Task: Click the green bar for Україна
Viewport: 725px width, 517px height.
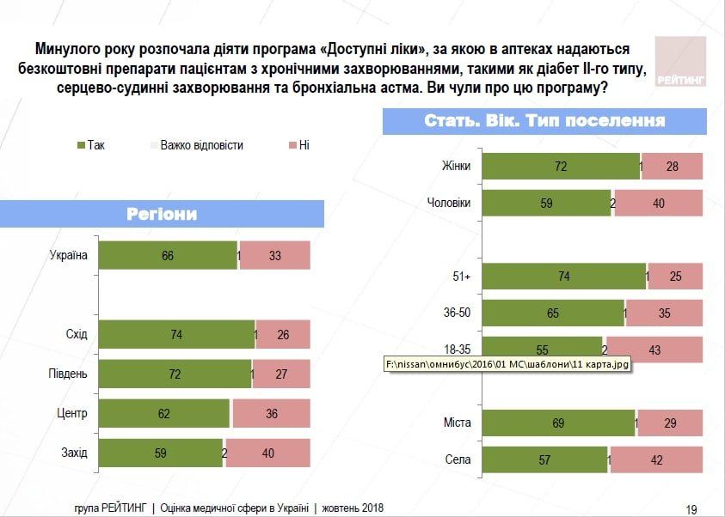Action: [x=168, y=256]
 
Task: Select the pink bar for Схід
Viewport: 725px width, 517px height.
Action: [x=284, y=335]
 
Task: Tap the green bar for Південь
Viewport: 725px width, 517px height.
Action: [x=175, y=374]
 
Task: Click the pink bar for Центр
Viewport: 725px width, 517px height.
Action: [x=270, y=413]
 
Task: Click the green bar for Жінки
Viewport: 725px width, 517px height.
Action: [x=561, y=167]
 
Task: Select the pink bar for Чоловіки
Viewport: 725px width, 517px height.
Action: [x=659, y=204]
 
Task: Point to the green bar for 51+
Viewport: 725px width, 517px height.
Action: [x=563, y=277]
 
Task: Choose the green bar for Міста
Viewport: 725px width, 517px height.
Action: [x=557, y=423]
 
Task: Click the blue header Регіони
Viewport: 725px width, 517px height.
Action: [x=162, y=214]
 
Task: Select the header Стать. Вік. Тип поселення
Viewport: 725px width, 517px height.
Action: [x=544, y=121]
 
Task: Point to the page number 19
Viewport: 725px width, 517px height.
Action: [x=691, y=508]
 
